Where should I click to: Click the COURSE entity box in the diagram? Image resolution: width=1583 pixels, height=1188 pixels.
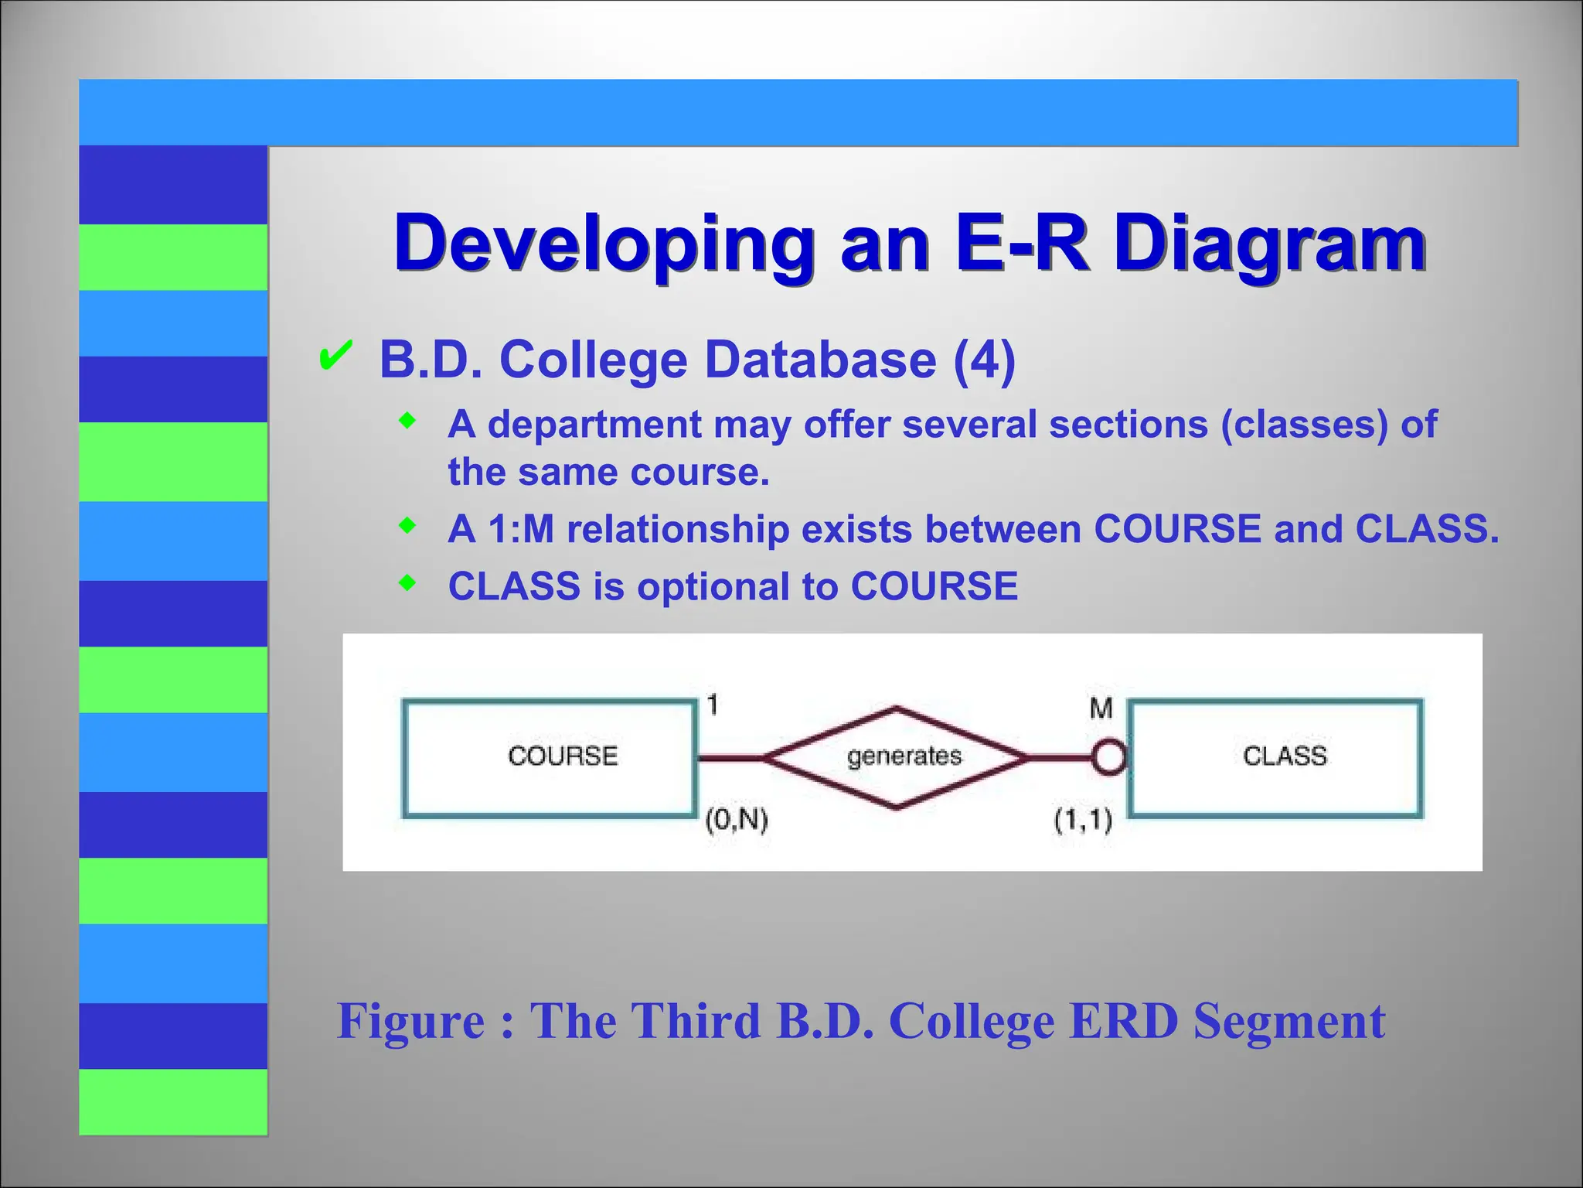(x=549, y=758)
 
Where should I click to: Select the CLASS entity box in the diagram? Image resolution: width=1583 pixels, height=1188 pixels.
(x=1275, y=758)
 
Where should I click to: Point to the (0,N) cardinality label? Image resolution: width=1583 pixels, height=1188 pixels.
(x=737, y=819)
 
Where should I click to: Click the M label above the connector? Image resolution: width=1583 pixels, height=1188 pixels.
(x=1101, y=708)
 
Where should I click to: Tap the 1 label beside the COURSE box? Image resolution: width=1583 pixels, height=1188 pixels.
(x=713, y=705)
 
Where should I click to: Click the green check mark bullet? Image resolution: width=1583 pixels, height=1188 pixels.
(x=335, y=357)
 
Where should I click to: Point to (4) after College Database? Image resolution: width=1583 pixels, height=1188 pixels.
(x=984, y=360)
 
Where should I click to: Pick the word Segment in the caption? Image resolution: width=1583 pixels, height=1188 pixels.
(x=1289, y=1021)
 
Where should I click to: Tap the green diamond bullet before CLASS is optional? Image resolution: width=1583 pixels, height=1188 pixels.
(x=407, y=583)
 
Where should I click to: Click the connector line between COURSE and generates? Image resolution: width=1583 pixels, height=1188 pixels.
(x=730, y=758)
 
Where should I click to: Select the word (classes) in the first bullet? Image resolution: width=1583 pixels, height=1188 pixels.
(x=1304, y=425)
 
